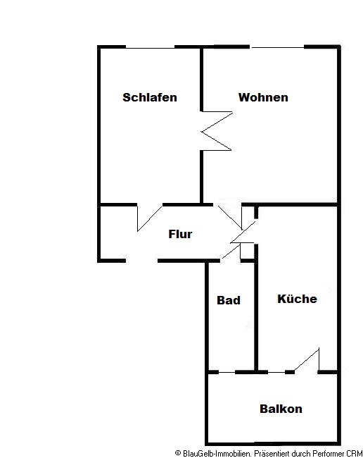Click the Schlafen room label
(150, 97)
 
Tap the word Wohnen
(263, 97)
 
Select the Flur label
(180, 234)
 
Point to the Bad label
(229, 300)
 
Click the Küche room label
(297, 299)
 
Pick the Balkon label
(281, 409)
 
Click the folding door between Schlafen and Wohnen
(217, 131)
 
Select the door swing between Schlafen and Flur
(149, 218)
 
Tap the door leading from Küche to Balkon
(307, 360)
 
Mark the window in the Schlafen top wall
(150, 47)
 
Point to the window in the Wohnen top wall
(277, 47)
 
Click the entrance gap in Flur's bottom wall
(141, 261)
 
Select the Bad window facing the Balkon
(227, 373)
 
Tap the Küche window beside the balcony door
(276, 373)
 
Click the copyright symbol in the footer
(178, 453)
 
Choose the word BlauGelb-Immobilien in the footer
(217, 454)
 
